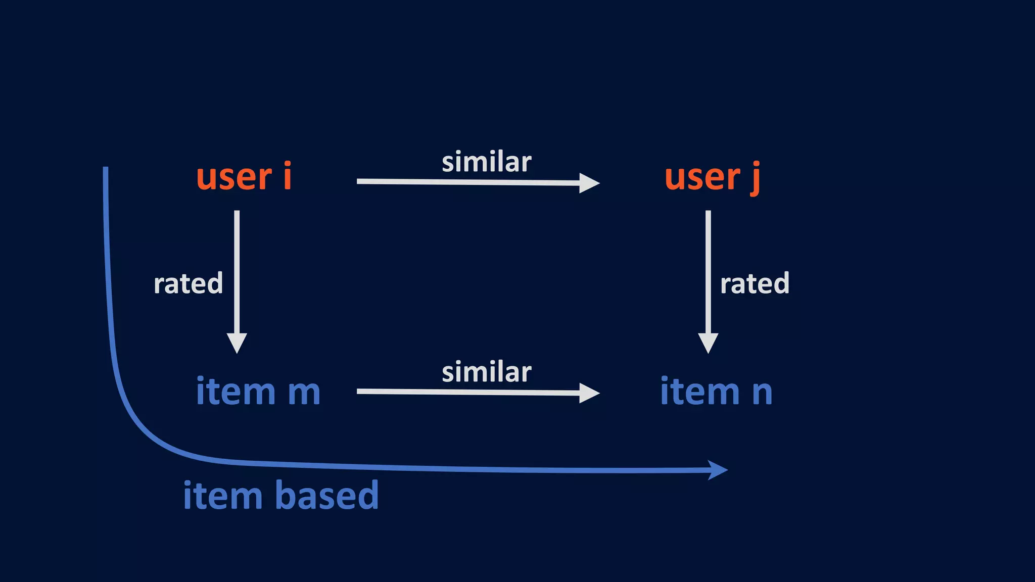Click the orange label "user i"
click(244, 177)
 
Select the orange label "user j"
click(712, 178)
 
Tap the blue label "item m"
click(258, 392)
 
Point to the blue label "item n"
click(716, 392)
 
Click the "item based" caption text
click(280, 496)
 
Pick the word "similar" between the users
click(486, 163)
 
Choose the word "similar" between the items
click(486, 373)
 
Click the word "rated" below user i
click(188, 283)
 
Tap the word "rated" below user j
click(755, 283)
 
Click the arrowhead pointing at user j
click(589, 183)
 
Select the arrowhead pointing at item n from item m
click(589, 393)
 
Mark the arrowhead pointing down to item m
click(237, 344)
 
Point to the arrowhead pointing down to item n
click(708, 344)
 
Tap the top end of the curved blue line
click(106, 170)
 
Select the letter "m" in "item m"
click(304, 393)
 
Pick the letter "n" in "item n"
click(762, 393)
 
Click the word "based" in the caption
click(327, 496)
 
